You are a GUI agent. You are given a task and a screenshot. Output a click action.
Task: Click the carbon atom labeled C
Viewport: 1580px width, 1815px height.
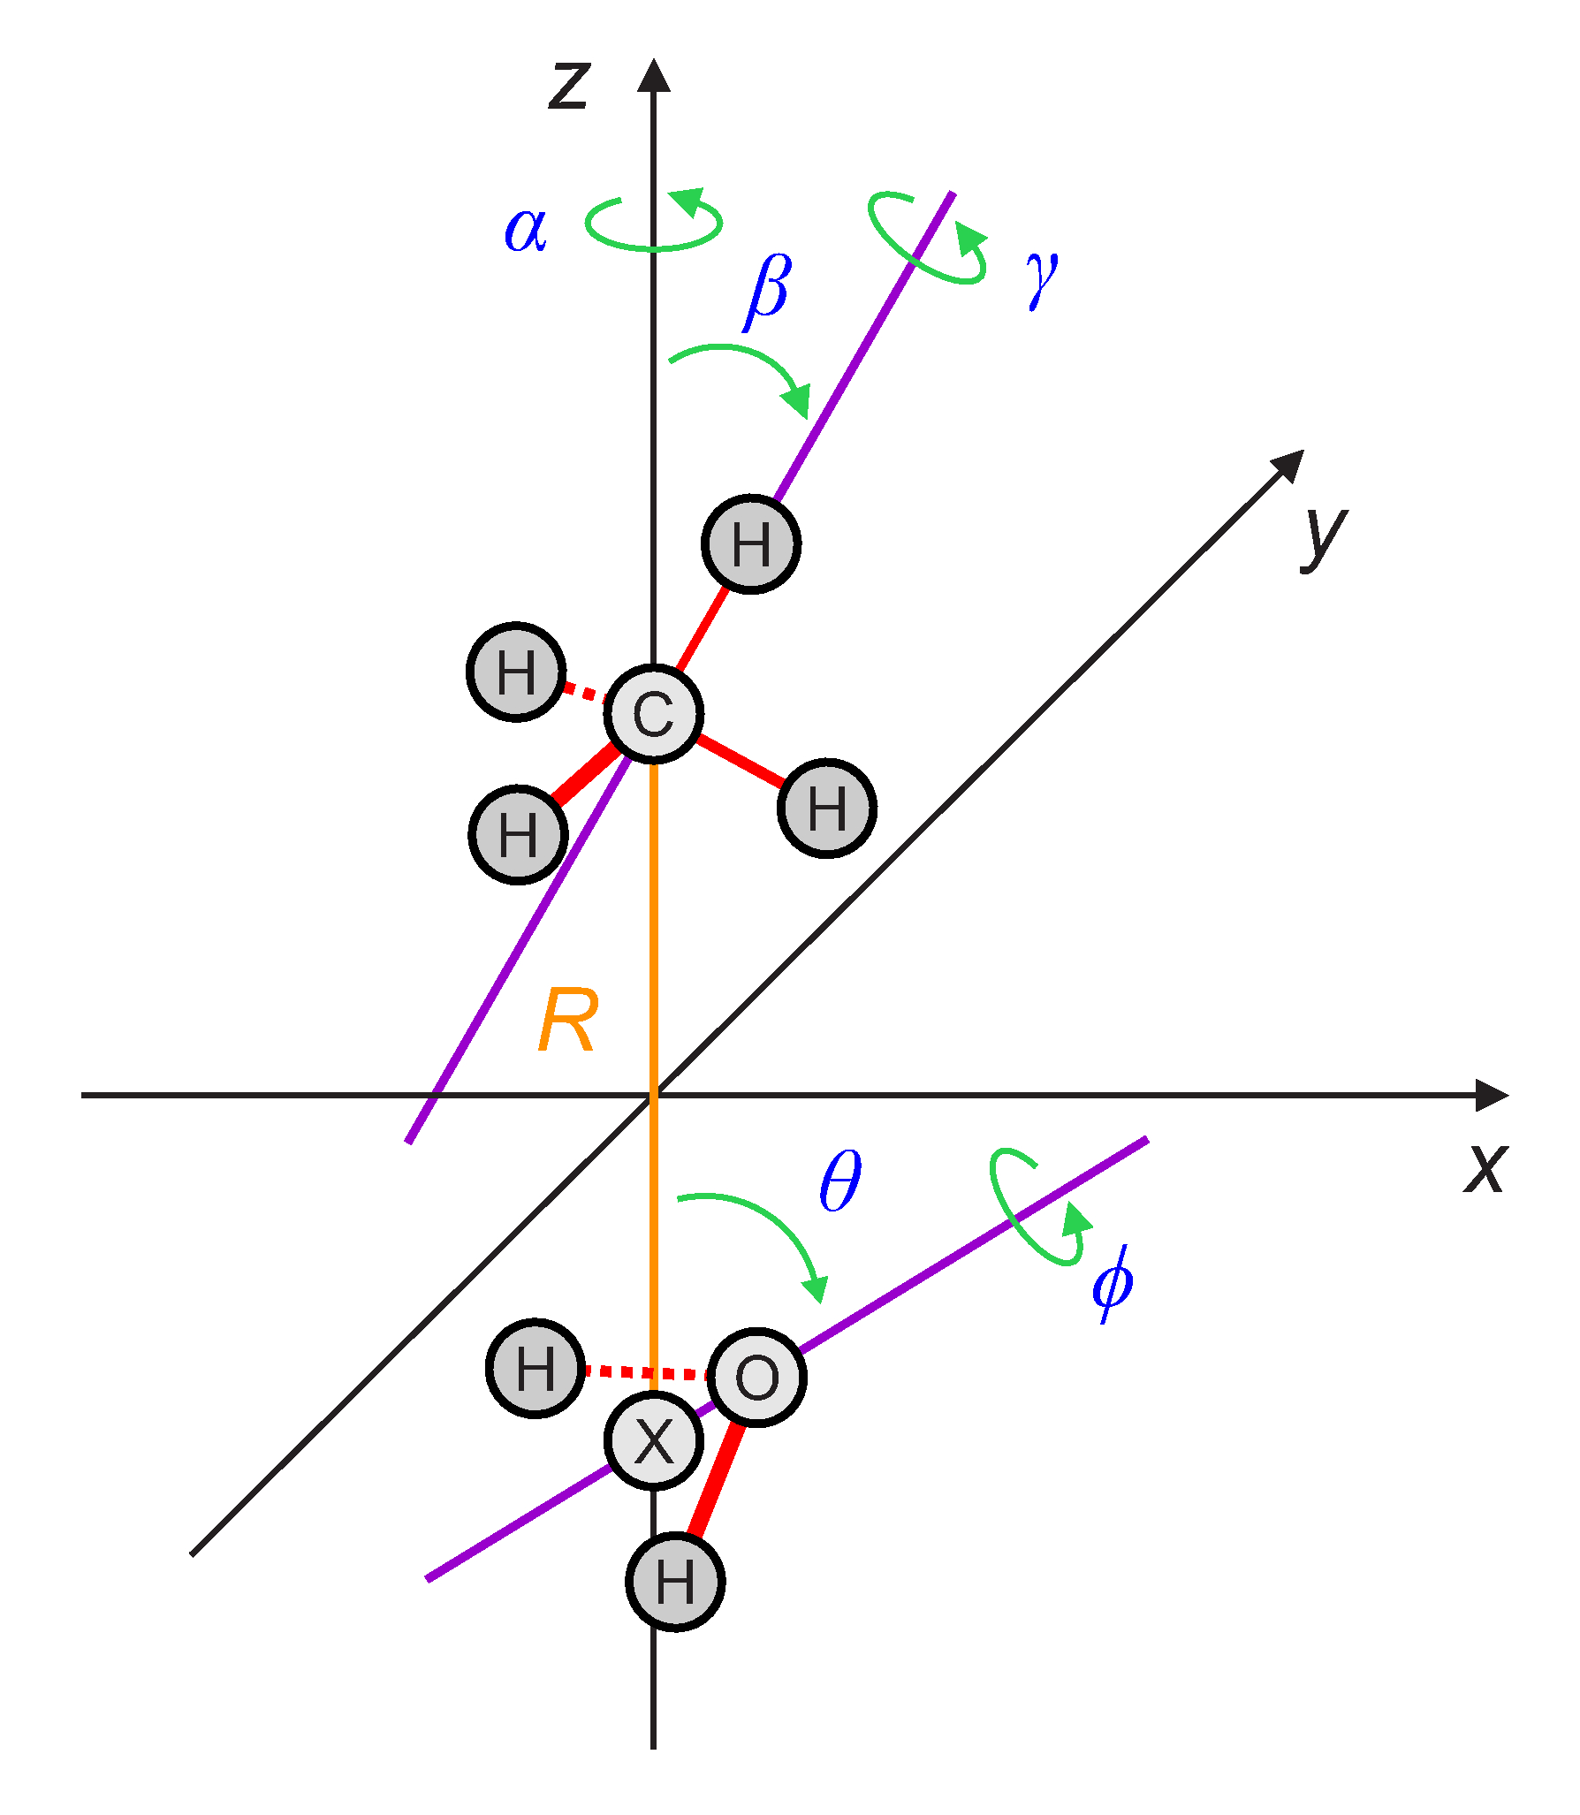click(x=654, y=714)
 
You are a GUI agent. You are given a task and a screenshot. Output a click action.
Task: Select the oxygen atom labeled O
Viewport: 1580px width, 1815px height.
click(x=757, y=1377)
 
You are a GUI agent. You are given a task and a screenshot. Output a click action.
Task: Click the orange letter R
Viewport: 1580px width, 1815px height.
click(x=567, y=1021)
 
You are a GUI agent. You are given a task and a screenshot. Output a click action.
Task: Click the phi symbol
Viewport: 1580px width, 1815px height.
click(x=1112, y=1283)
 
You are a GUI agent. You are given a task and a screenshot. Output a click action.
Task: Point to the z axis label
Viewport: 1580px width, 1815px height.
click(x=568, y=86)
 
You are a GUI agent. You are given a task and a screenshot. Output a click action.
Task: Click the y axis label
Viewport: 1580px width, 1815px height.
click(x=1324, y=535)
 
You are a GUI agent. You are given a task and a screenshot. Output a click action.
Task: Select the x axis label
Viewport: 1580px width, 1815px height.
click(x=1485, y=1168)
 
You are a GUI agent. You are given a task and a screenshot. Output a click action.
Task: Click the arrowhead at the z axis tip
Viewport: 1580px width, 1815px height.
click(x=654, y=76)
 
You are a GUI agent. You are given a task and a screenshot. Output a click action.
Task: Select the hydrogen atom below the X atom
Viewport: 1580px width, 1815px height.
click(x=676, y=1582)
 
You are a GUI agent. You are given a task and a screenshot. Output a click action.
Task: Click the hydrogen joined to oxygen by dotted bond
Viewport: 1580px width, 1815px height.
click(x=536, y=1370)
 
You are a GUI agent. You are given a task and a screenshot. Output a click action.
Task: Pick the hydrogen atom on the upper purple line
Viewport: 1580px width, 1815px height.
click(x=751, y=544)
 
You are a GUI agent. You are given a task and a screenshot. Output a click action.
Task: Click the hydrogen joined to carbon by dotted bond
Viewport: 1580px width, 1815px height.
click(x=517, y=672)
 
